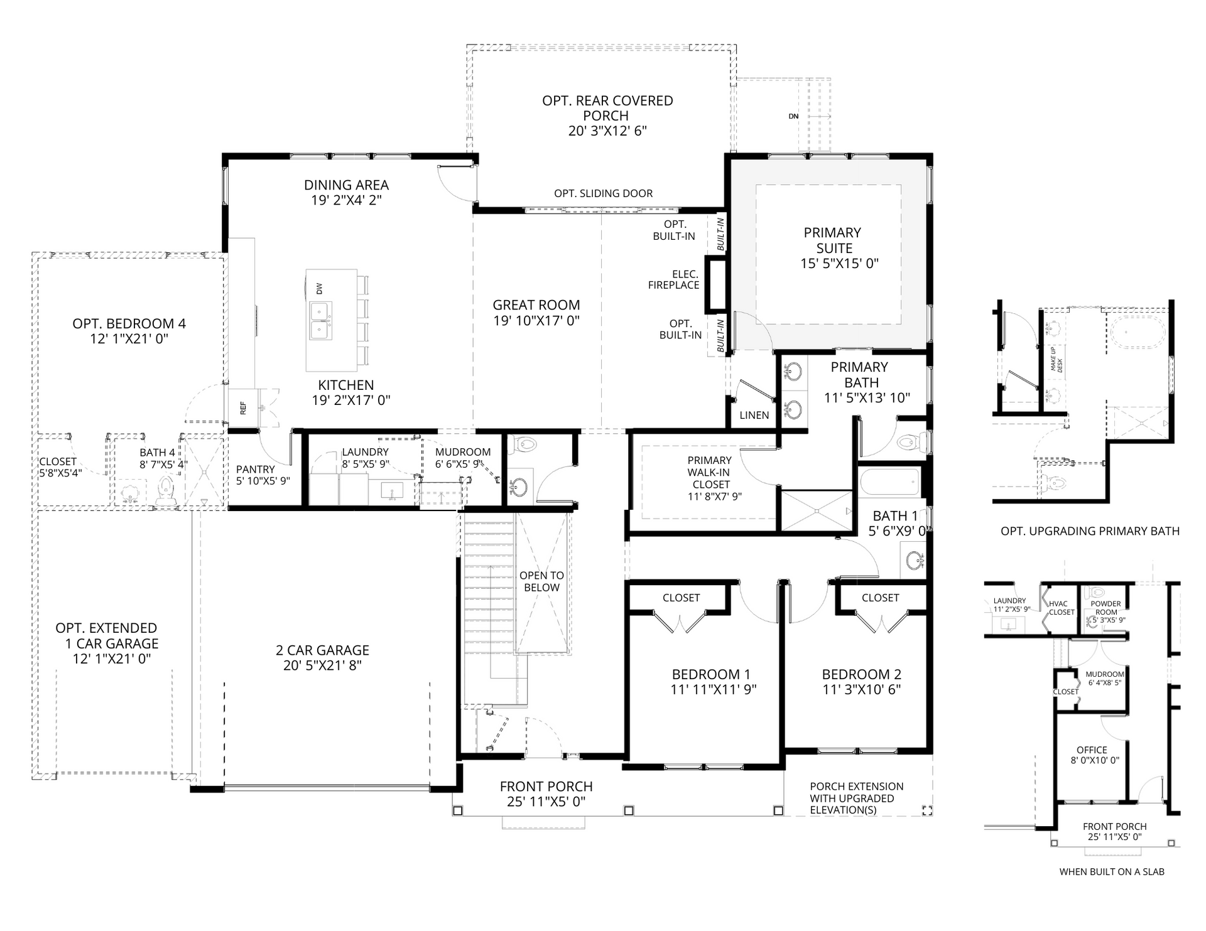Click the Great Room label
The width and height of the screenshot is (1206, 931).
pos(536,305)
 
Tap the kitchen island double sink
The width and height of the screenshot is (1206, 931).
pos(321,320)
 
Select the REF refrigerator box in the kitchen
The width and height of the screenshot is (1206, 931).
pos(243,409)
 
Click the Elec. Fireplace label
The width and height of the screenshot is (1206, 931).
pos(673,279)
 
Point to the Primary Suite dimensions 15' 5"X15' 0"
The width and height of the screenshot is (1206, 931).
pos(839,264)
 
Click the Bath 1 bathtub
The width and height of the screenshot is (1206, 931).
pos(889,482)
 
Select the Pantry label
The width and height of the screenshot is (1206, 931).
pos(256,469)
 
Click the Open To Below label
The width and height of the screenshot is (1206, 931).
pos(541,581)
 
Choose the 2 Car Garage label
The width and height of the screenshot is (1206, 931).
pos(322,650)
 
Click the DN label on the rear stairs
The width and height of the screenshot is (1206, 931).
pos(794,116)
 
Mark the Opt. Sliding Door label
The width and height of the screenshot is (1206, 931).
pos(603,193)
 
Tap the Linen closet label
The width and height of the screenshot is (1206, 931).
pos(754,415)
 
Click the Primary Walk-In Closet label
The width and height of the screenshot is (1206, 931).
pos(710,472)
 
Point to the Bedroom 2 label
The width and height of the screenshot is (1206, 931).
pos(861,674)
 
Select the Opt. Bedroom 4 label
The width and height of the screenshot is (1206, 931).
pos(129,324)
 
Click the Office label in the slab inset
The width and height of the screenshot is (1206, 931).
pos(1092,750)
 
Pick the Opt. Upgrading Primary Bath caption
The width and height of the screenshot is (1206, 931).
pos(1090,531)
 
